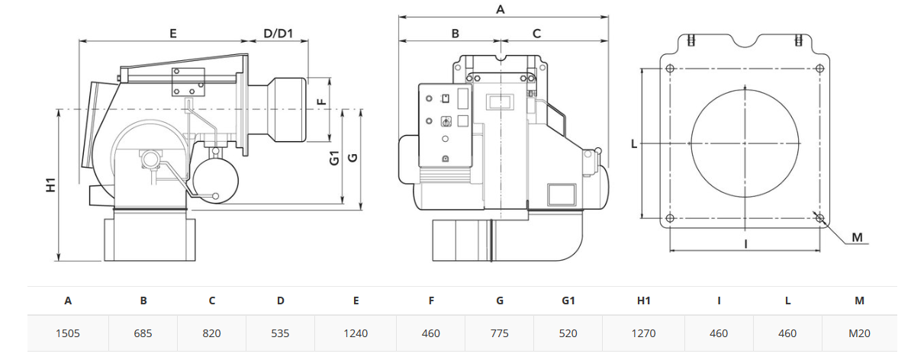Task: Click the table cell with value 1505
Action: pos(68,333)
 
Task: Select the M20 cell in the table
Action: pos(860,333)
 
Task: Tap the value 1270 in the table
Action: pos(643,333)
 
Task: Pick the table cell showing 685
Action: pos(143,333)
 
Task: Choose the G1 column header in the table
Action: pos(568,301)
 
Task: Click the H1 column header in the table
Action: pos(643,301)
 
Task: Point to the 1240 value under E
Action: pos(356,333)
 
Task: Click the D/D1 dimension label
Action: pos(278,33)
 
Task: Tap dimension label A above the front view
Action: pos(501,9)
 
